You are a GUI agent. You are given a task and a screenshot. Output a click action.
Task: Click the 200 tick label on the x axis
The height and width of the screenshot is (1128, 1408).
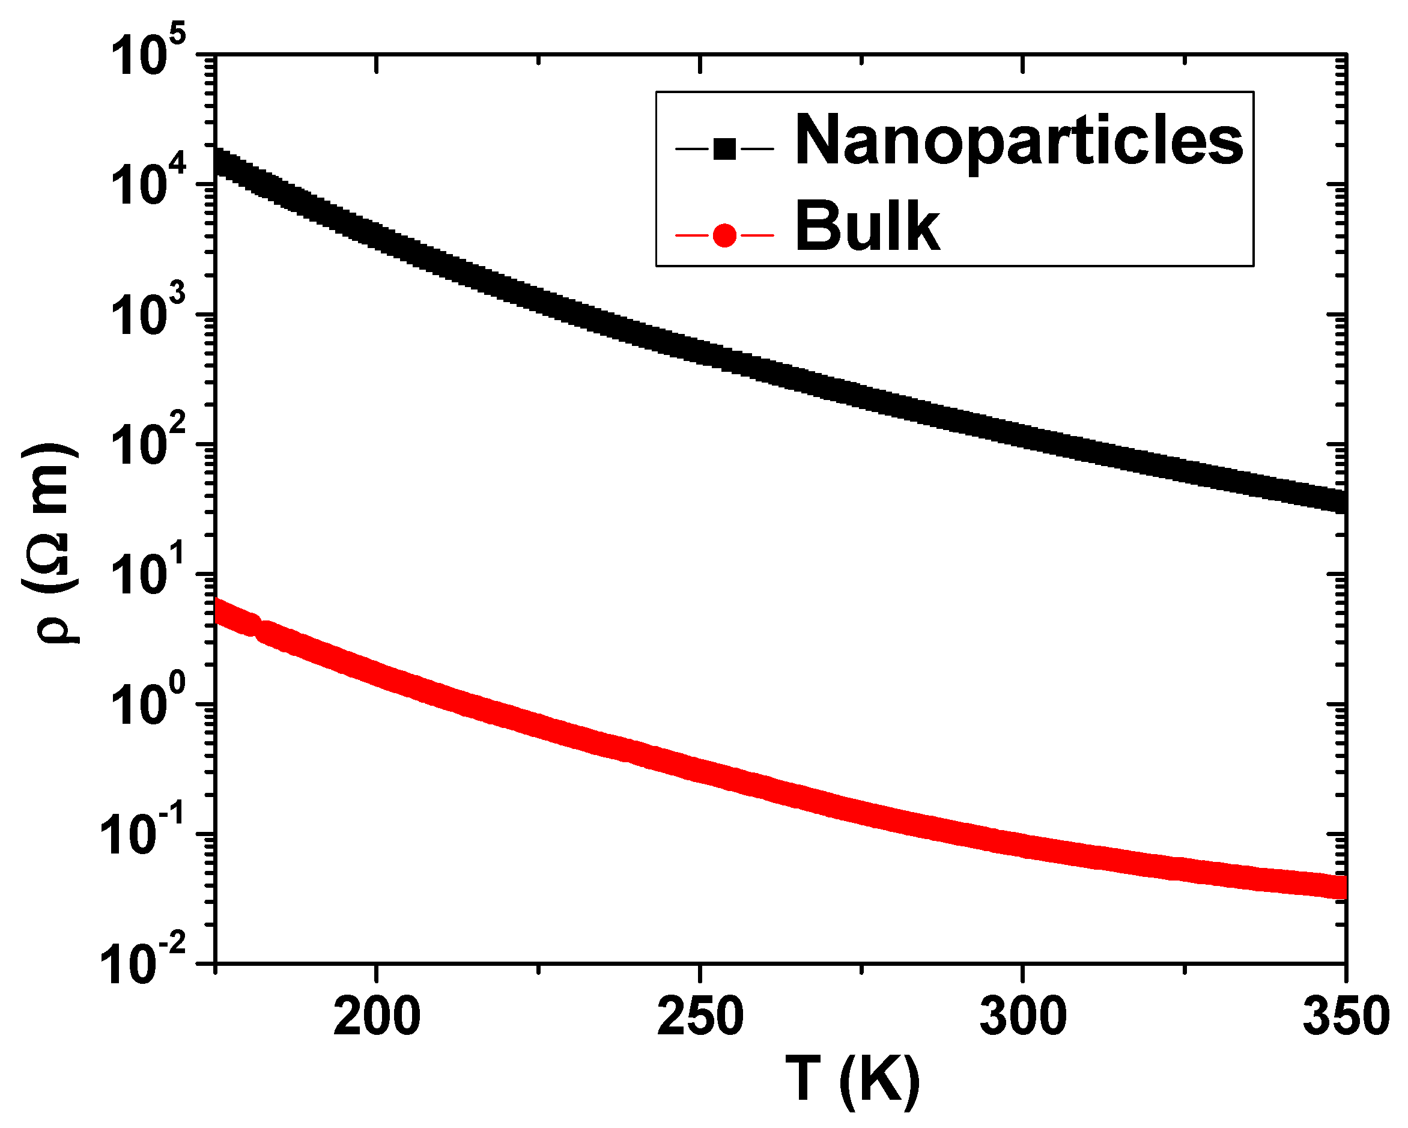point(376,1017)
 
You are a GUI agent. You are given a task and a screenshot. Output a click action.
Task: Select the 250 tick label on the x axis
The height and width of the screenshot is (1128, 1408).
point(699,1017)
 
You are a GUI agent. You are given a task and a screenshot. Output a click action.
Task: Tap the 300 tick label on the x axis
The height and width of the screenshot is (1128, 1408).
point(1023,1017)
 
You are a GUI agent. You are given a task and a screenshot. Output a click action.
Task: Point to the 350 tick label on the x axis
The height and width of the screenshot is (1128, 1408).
point(1346,1017)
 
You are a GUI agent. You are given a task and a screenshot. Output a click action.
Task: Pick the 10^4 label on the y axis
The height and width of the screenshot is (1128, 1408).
point(148,185)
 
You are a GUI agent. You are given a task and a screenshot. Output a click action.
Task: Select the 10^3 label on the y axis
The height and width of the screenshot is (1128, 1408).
point(148,315)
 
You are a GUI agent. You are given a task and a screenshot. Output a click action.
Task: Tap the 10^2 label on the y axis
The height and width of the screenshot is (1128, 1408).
point(148,444)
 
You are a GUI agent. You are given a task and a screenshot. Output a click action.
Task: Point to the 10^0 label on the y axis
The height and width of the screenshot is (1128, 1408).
point(148,704)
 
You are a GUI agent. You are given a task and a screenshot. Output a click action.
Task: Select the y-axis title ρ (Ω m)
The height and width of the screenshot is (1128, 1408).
point(51,542)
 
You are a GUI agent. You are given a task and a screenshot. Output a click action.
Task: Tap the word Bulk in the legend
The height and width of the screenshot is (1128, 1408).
point(867,226)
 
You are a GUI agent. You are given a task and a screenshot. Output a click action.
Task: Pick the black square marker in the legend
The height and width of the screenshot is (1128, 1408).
point(725,149)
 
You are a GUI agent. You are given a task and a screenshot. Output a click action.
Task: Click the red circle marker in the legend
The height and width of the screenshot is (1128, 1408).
point(725,235)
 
